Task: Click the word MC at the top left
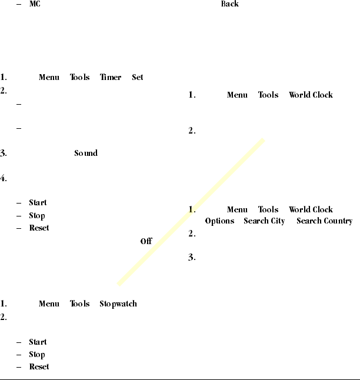(34, 5)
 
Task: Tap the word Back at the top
(230, 4)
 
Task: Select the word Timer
(110, 77)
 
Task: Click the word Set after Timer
(138, 77)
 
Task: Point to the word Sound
(86, 154)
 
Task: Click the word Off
(146, 241)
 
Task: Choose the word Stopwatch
(118, 304)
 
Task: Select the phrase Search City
(264, 221)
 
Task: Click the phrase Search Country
(324, 221)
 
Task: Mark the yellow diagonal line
(191, 212)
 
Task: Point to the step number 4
(4, 179)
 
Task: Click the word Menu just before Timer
(49, 77)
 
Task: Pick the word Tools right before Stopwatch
(80, 304)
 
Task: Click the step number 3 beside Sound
(4, 154)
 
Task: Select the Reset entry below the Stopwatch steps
(39, 367)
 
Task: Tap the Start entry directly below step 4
(38, 203)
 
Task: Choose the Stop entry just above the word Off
(37, 216)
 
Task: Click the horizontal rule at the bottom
(180, 378)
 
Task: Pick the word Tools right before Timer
(80, 77)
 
